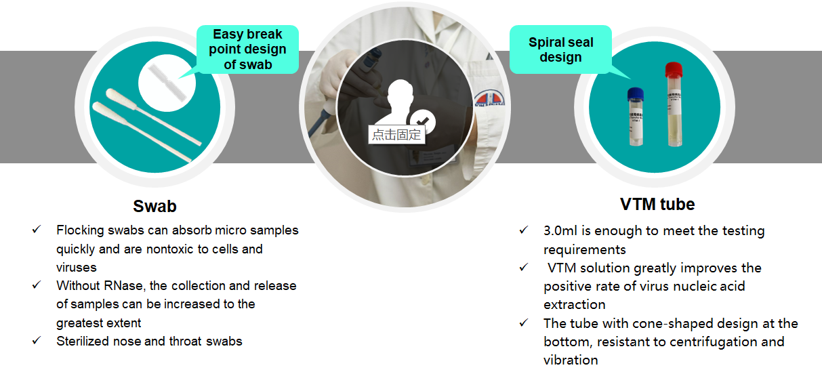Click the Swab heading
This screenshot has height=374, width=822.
click(155, 206)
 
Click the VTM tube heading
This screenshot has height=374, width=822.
click(657, 205)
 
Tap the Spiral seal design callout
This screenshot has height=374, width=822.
click(560, 49)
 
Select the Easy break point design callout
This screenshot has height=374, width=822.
click(248, 49)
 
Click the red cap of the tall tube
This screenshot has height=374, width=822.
click(674, 70)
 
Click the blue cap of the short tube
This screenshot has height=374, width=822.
click(635, 94)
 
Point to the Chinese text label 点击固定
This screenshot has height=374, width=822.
click(396, 135)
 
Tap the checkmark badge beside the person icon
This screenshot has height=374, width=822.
click(423, 121)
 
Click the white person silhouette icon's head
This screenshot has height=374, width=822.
click(400, 91)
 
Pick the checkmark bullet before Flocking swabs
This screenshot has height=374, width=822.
click(37, 230)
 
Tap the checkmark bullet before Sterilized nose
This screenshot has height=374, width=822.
click(37, 341)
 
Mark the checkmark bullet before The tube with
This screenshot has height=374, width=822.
click(524, 323)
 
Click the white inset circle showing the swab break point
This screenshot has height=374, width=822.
click(167, 83)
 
